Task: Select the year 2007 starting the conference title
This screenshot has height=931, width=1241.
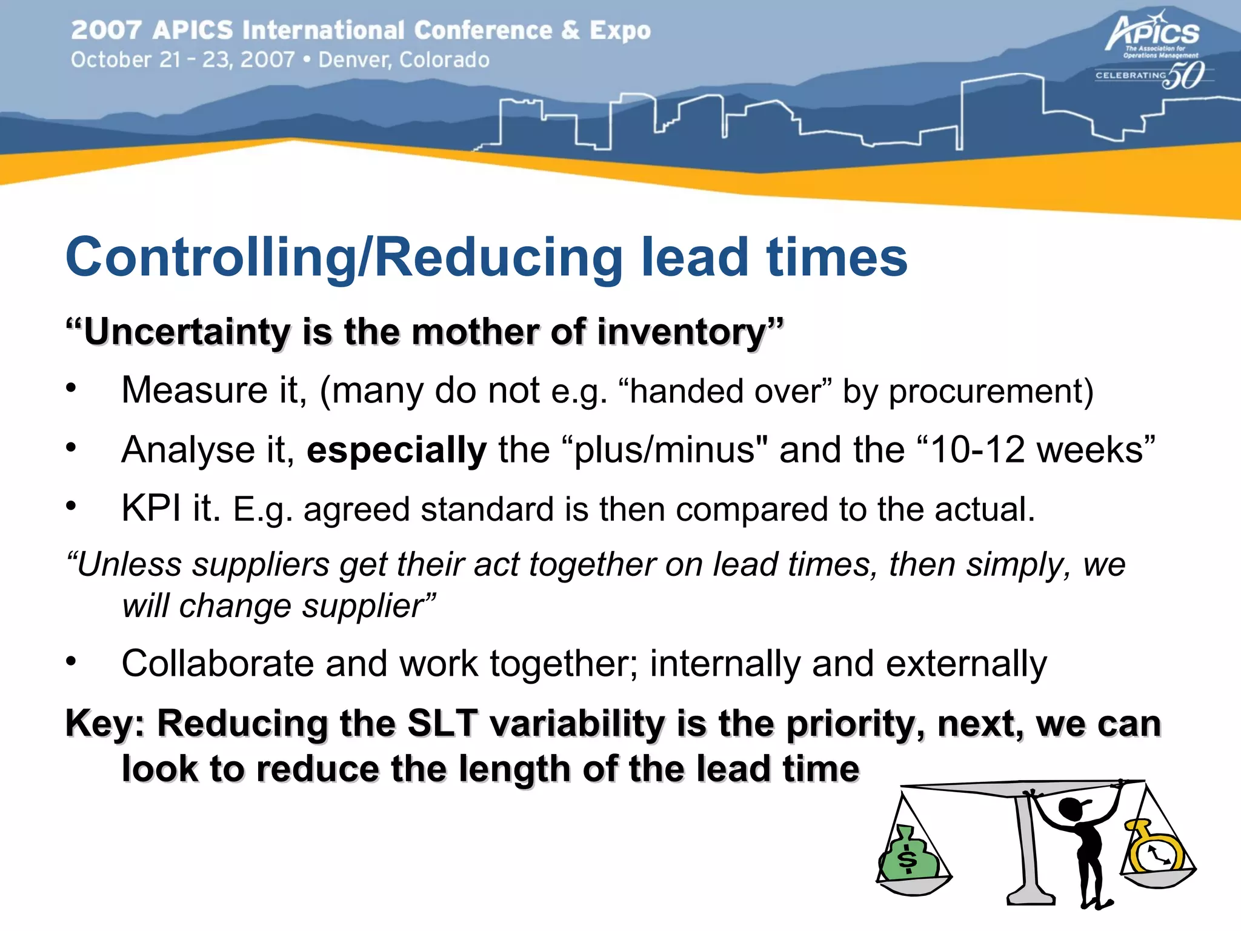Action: pyautogui.click(x=106, y=30)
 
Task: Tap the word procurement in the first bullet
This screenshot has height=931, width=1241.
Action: pyautogui.click(x=990, y=391)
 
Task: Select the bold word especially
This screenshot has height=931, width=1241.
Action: pyautogui.click(x=396, y=450)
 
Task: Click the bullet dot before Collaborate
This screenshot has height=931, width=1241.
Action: pyautogui.click(x=72, y=661)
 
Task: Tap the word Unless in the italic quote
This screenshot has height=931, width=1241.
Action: pyautogui.click(x=128, y=565)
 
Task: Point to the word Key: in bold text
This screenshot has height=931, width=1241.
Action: pyautogui.click(x=105, y=724)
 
